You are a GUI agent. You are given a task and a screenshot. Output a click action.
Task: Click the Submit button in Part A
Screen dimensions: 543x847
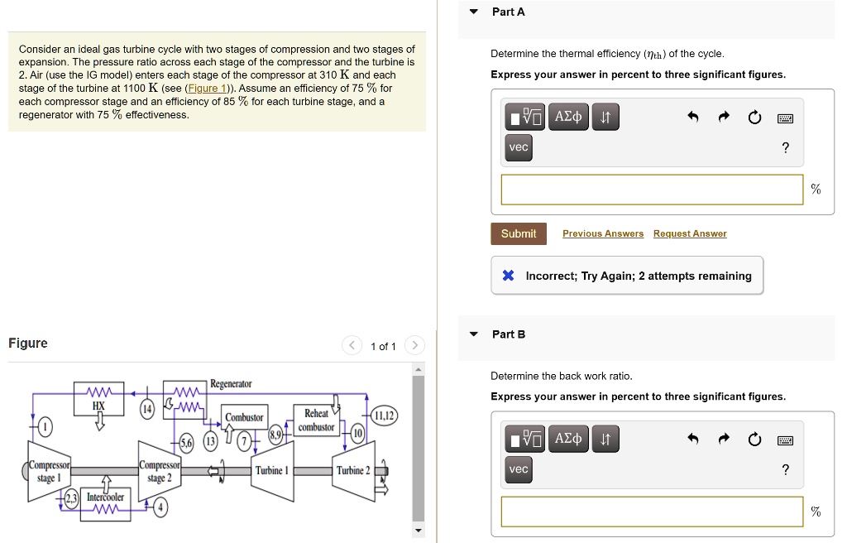pos(518,233)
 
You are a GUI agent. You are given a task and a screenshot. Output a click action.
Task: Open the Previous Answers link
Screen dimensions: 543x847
pos(602,233)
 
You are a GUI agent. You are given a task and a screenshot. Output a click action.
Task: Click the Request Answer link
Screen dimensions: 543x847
pos(689,233)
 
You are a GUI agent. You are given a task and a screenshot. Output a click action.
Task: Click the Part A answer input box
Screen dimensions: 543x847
pos(652,190)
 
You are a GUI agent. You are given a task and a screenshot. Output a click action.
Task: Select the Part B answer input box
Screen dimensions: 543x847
pos(652,512)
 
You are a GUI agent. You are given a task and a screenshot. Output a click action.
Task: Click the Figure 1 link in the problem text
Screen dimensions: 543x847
pos(203,89)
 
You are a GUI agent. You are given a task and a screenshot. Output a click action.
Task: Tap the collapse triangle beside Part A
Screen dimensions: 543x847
pos(473,12)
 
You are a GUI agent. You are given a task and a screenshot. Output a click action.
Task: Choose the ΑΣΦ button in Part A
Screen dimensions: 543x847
pos(568,118)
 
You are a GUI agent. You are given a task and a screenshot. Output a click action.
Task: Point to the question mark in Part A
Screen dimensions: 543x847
pos(785,148)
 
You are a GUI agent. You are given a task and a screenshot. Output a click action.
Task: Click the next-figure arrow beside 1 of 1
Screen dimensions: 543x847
pos(415,346)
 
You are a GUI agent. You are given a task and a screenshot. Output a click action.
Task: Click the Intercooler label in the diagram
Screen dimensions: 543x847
pos(105,497)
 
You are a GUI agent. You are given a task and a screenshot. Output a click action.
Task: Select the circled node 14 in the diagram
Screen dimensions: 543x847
pos(147,408)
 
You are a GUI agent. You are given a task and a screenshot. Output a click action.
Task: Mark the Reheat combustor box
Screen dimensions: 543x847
pos(316,420)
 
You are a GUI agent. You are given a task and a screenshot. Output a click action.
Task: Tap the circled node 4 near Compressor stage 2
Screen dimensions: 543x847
pos(160,507)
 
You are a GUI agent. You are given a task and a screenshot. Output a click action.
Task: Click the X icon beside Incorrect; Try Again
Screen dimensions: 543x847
pos(509,276)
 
